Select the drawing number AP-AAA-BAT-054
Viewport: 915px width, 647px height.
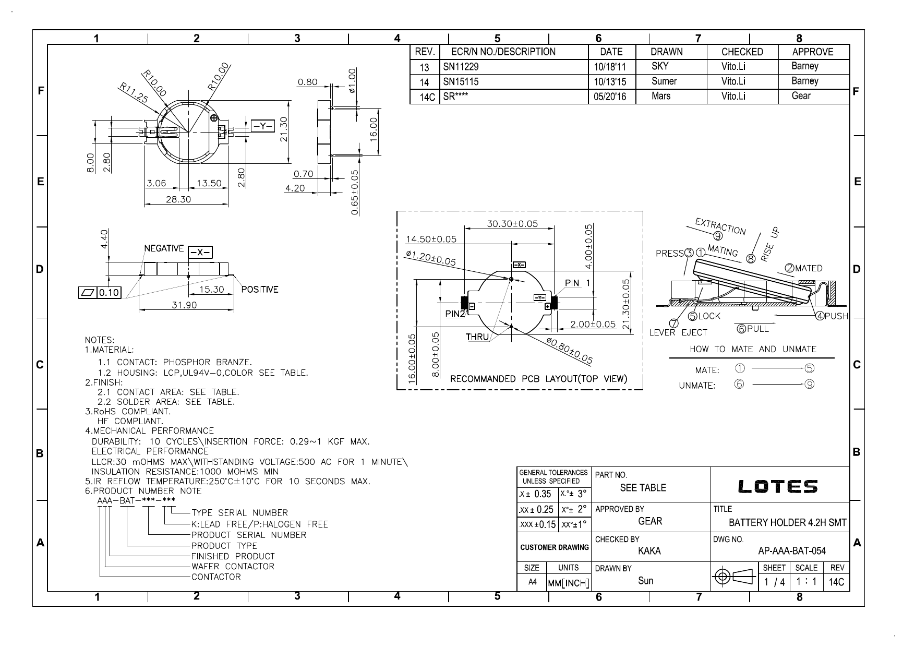(x=791, y=551)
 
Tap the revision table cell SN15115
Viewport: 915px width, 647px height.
(x=461, y=81)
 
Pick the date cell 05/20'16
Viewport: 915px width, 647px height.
(x=610, y=97)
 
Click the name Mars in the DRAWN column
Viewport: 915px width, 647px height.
(x=661, y=96)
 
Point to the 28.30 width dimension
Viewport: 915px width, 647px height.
(x=178, y=199)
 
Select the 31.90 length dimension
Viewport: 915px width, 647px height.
(x=185, y=305)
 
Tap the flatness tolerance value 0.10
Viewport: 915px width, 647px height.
(x=109, y=292)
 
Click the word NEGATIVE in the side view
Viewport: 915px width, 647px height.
(x=164, y=248)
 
